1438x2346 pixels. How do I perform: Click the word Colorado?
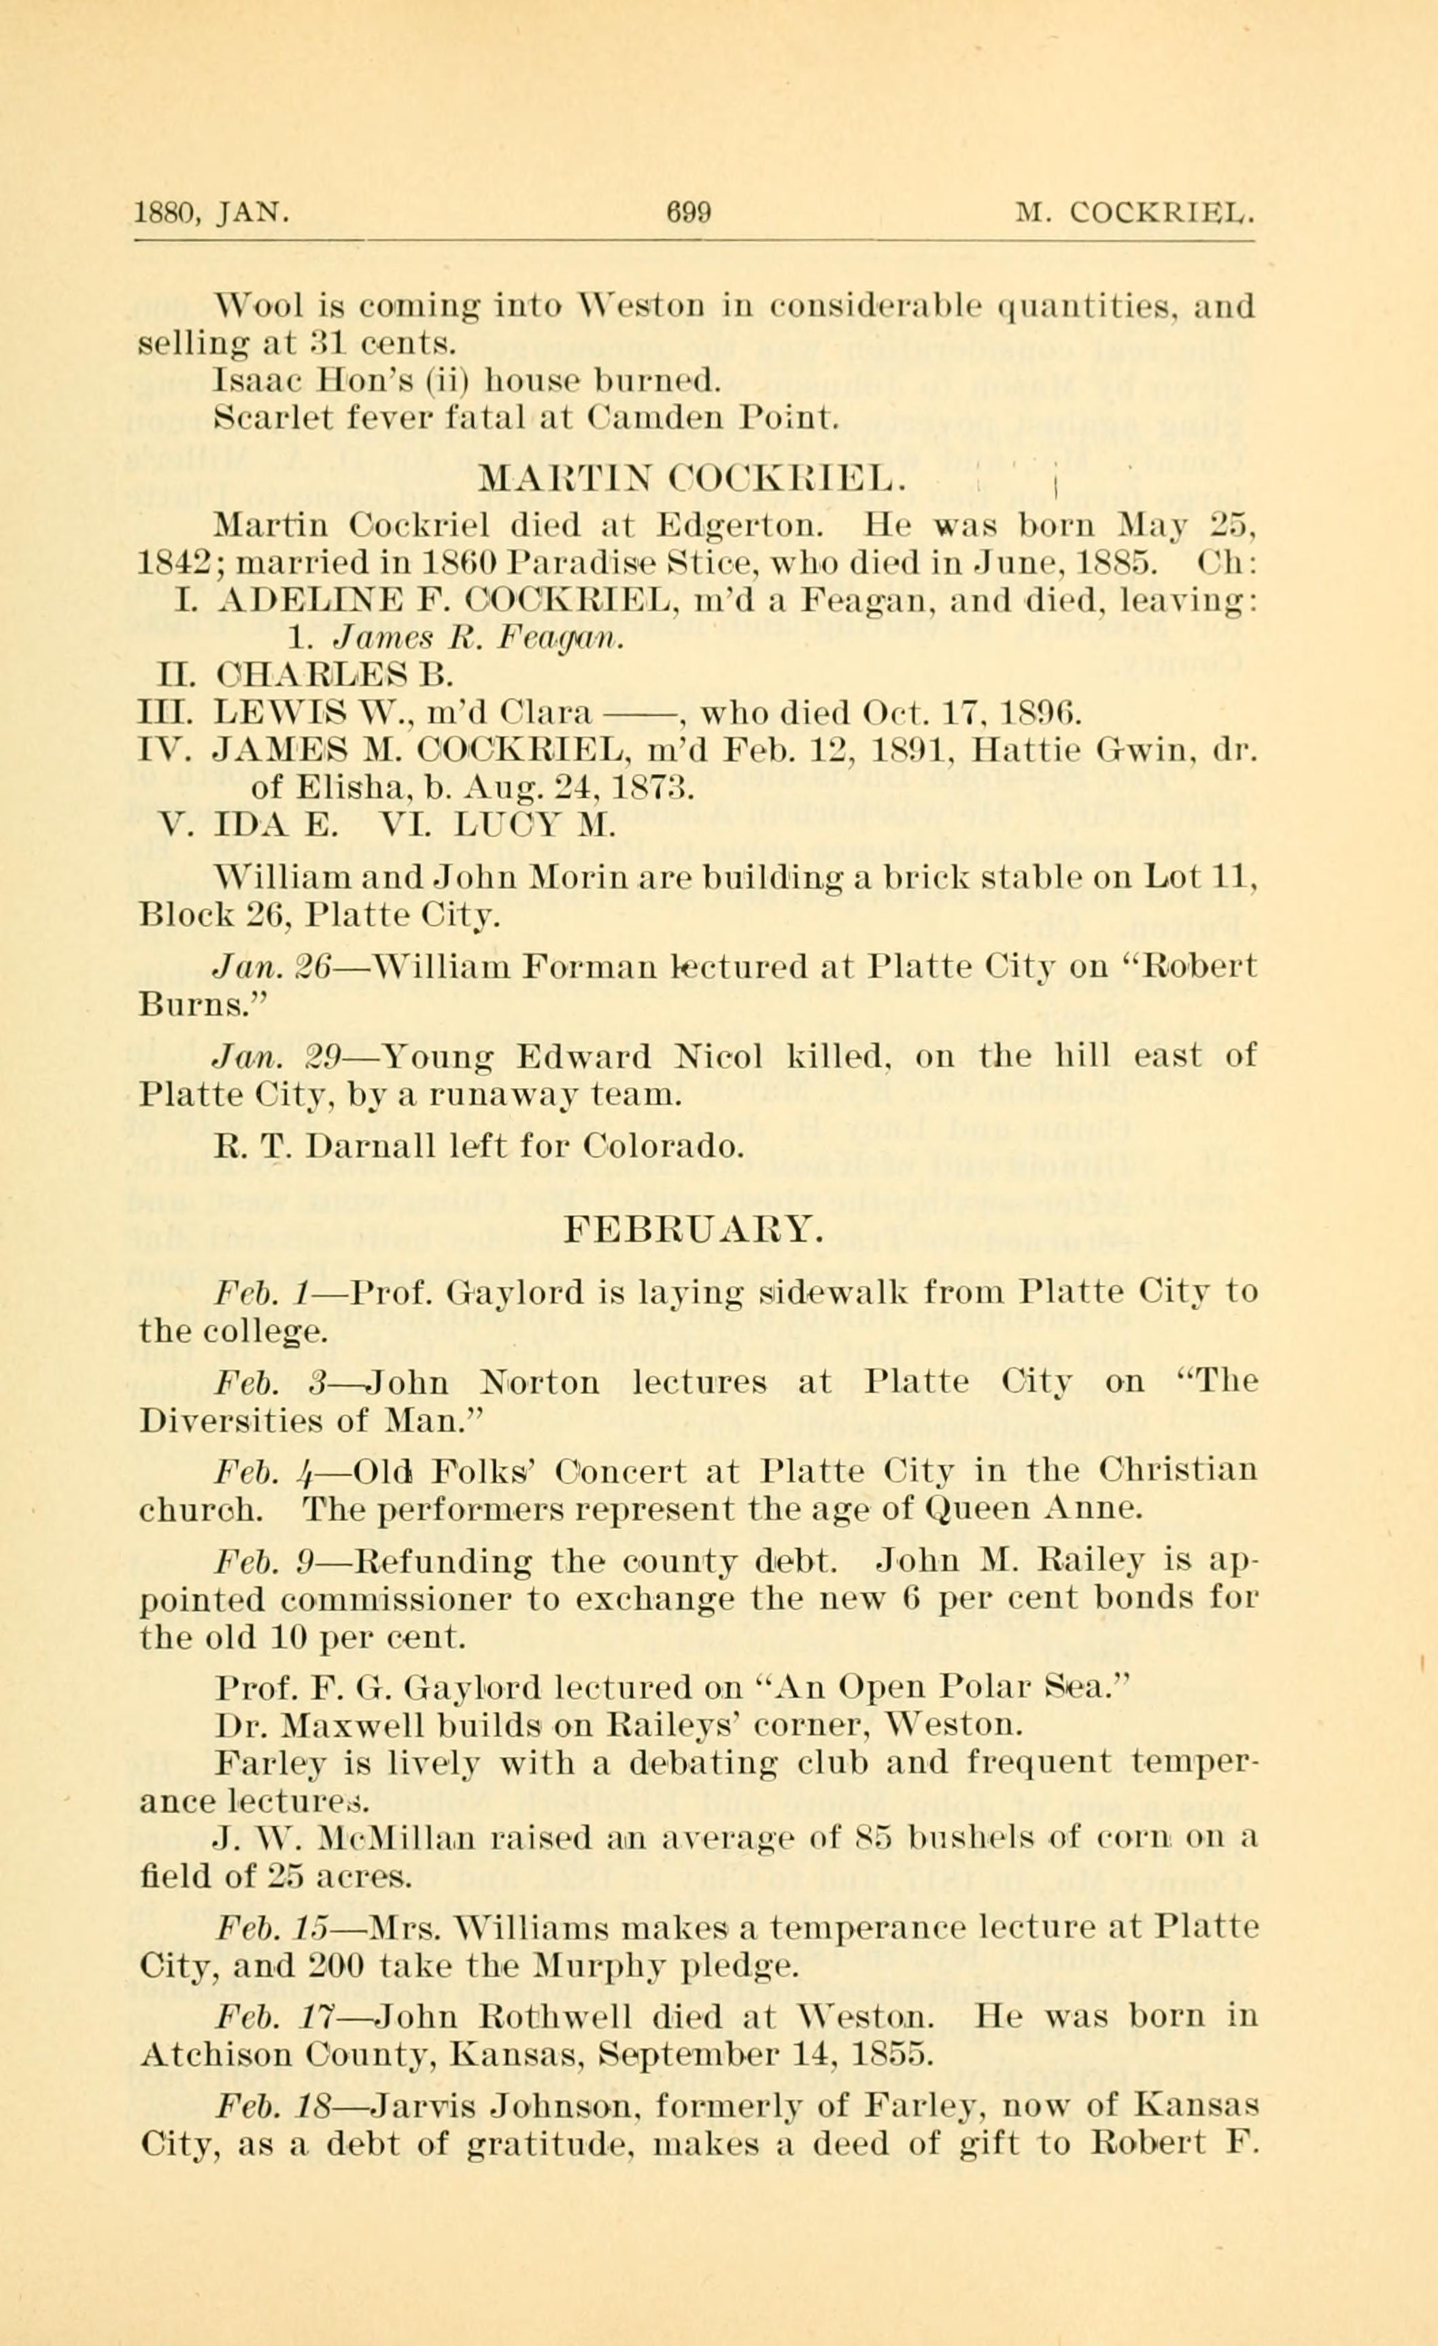click(x=664, y=1146)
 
